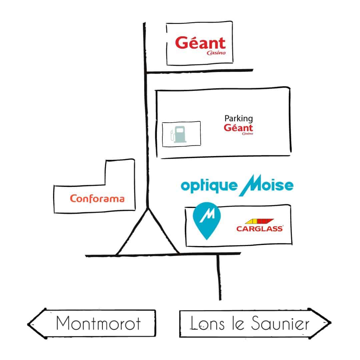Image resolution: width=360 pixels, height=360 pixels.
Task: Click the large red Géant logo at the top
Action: click(x=200, y=44)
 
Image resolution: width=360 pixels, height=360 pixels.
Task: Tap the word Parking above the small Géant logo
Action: click(x=238, y=118)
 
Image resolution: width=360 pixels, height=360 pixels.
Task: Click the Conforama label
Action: click(x=97, y=199)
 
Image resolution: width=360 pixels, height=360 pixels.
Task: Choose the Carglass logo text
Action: click(x=260, y=229)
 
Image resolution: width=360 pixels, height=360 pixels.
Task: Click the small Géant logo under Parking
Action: click(x=238, y=128)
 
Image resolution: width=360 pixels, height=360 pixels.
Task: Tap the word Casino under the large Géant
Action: click(x=216, y=53)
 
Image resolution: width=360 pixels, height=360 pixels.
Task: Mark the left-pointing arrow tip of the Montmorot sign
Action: click(x=29, y=324)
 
